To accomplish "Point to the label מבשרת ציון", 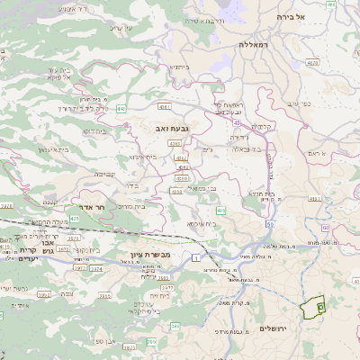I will click(143, 242).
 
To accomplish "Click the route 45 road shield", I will click(236, 122).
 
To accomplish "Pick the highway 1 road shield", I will click(196, 259).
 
